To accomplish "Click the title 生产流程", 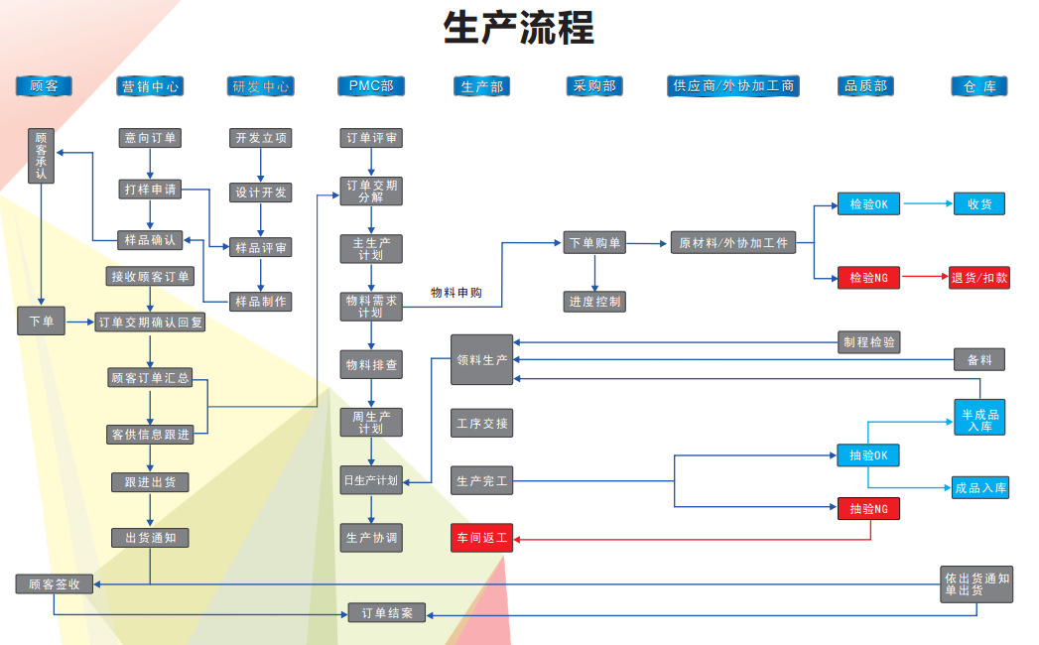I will click(518, 28).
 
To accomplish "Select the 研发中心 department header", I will click(261, 86).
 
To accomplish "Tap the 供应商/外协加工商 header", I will click(733, 86).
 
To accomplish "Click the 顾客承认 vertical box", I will click(42, 155).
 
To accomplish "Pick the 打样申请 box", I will click(150, 189).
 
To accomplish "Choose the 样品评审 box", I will click(261, 247).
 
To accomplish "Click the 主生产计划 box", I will click(371, 248).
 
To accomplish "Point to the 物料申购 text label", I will click(455, 293).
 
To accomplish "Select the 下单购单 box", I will click(594, 243).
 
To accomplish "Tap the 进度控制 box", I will click(594, 301).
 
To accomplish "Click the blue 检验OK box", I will click(868, 204).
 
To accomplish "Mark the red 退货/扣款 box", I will click(979, 278).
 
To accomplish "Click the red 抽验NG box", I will click(868, 509).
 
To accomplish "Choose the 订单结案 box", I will click(386, 613).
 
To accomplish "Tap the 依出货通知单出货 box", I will click(976, 583).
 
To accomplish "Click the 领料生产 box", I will click(482, 359).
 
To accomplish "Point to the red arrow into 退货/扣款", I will click(926, 278).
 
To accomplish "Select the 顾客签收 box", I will click(54, 584).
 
